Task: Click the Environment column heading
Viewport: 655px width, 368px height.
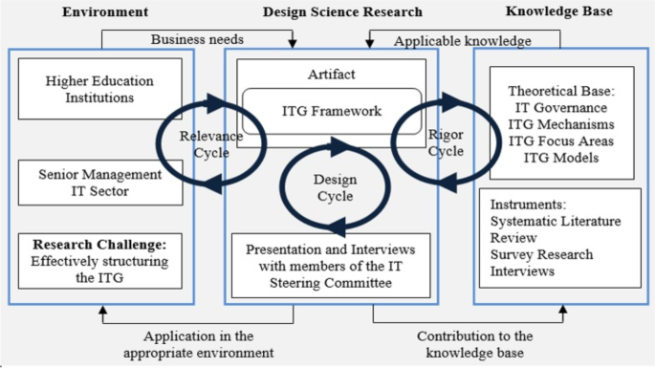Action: [x=105, y=12]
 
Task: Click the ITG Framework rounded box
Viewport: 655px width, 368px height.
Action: [x=332, y=111]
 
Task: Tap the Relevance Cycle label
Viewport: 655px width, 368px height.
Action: [x=211, y=143]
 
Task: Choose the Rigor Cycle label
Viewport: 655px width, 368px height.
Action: [x=446, y=143]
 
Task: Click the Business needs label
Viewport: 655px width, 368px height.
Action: [x=196, y=39]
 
